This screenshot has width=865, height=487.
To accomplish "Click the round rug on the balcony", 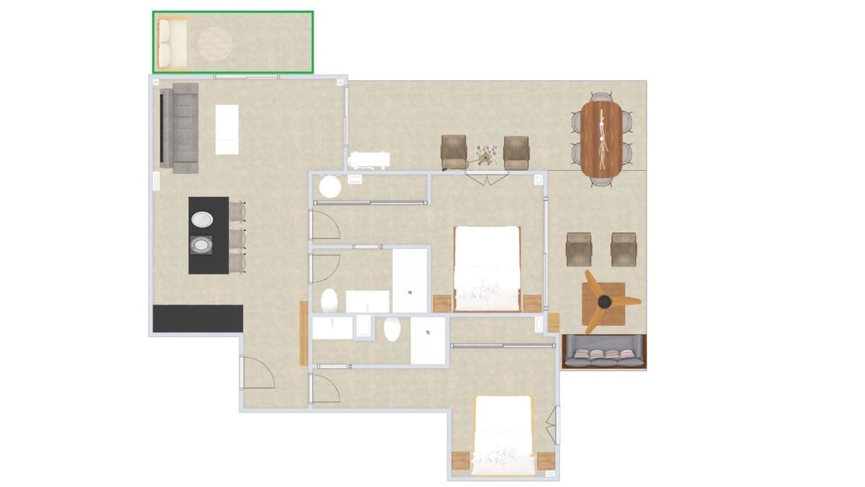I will pos(213,43).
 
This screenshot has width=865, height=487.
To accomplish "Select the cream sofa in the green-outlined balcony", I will pos(172,43).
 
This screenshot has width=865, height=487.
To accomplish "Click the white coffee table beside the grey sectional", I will pos(226,129).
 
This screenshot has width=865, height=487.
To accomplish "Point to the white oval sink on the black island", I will pos(201,219).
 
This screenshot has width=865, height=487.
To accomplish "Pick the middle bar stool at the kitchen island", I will pos(237,238).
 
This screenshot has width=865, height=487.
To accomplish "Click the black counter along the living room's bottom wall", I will pos(197,318).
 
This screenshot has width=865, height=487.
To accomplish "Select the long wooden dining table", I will pos(600,138).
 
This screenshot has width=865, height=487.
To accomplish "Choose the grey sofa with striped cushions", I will pos(603,353).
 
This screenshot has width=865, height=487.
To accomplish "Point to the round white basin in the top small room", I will pos(330,187).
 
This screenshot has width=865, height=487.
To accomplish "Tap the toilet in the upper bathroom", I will pos(329,299).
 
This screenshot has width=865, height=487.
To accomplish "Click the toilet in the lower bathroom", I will pos(392,329).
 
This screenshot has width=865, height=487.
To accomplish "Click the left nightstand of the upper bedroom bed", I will pos(442,303).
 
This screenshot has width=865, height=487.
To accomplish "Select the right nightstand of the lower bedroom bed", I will pos(546,460).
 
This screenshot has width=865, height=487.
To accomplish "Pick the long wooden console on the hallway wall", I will pos(303,333).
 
